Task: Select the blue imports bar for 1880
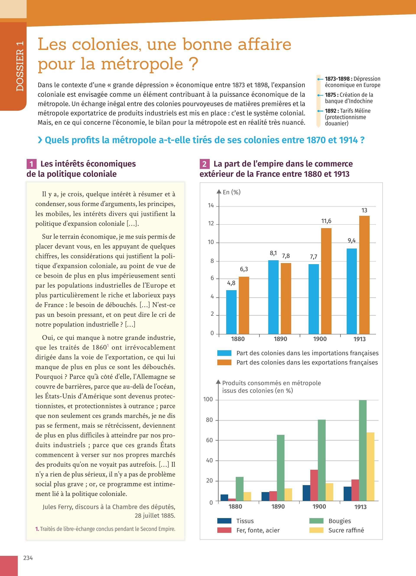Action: tap(231, 312)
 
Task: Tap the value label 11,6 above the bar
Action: tap(326, 221)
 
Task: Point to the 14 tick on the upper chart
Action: tap(211, 205)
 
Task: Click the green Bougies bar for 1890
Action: tap(281, 468)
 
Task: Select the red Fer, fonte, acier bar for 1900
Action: tap(314, 485)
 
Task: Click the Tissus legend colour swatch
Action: tap(224, 521)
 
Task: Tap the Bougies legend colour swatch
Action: tap(316, 521)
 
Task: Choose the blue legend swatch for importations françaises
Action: tap(224, 353)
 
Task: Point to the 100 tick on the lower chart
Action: tap(208, 399)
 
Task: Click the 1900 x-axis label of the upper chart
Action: tap(320, 339)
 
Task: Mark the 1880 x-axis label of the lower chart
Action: tap(235, 506)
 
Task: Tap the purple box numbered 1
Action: tap(31, 164)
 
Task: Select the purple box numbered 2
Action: tap(205, 164)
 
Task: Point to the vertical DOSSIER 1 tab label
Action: tap(20, 66)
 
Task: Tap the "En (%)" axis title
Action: tap(232, 192)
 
